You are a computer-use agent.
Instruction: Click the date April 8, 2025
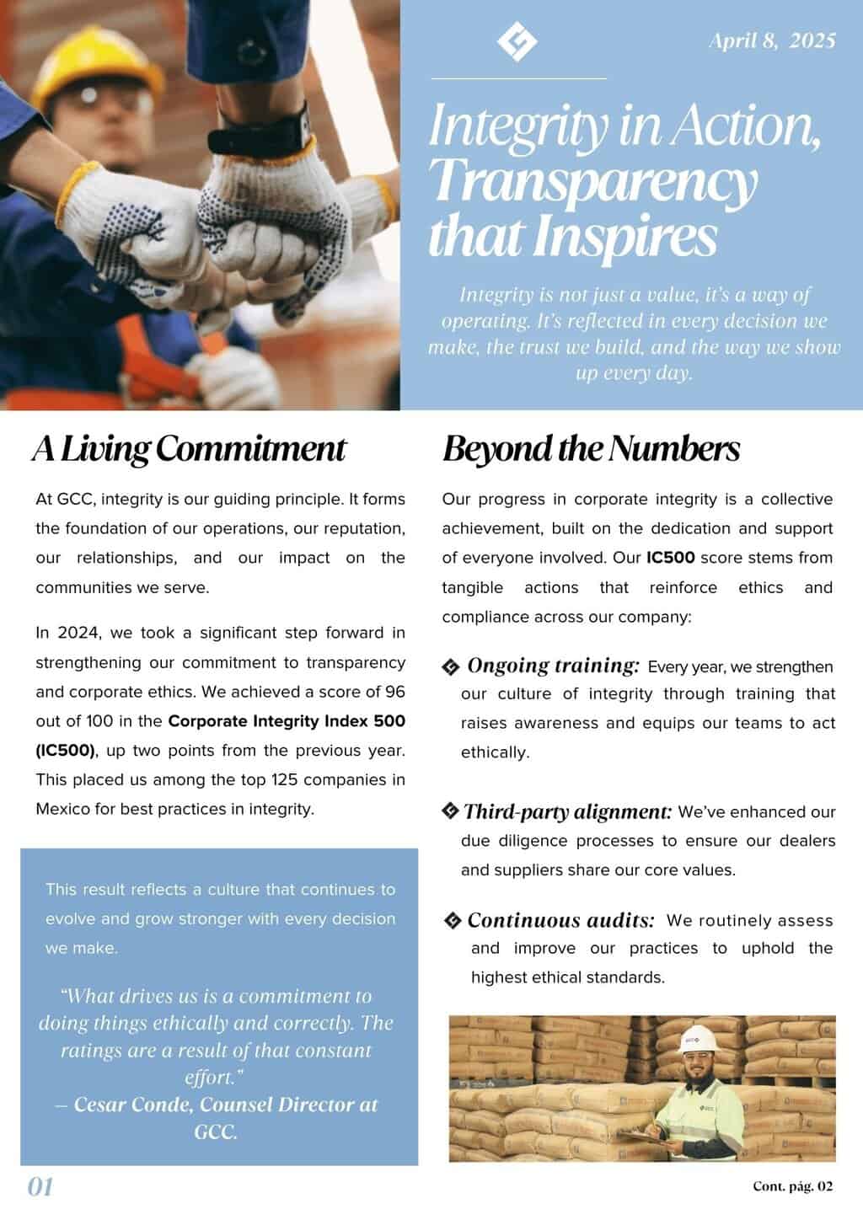tap(772, 40)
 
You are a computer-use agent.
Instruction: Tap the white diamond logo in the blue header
tap(517, 41)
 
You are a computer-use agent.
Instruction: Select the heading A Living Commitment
tap(189, 448)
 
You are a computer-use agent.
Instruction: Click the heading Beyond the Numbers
tap(591, 448)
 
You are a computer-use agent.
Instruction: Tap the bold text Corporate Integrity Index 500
tap(287, 721)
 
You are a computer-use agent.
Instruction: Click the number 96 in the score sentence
tap(394, 692)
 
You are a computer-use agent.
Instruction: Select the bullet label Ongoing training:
tap(553, 666)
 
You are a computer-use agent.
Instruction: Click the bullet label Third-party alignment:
tap(567, 811)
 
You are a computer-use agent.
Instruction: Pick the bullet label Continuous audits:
tap(560, 920)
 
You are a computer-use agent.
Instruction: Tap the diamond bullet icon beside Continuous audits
tap(453, 920)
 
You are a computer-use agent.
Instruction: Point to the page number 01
tap(40, 1186)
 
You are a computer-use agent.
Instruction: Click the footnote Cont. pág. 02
tap(792, 1186)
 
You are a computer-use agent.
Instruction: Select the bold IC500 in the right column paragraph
tap(670, 558)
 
